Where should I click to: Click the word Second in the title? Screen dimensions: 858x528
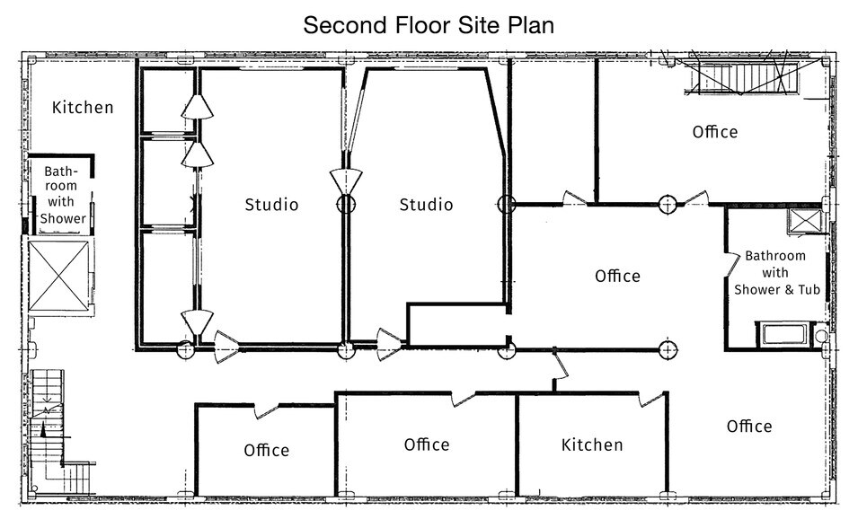click(x=338, y=25)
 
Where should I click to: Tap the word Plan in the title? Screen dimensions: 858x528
click(x=531, y=25)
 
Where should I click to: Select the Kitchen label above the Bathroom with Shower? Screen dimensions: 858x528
click(x=83, y=107)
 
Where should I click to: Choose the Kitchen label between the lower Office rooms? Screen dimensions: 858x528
click(x=592, y=444)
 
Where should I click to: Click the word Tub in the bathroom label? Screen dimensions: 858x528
click(x=809, y=289)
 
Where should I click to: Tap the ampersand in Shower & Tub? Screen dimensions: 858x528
click(x=789, y=290)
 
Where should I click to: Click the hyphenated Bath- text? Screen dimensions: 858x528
click(x=61, y=172)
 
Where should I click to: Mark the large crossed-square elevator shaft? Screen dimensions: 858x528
click(x=58, y=277)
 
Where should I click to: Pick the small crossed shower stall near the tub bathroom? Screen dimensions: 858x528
click(x=806, y=221)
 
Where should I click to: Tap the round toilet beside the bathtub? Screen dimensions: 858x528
click(x=821, y=335)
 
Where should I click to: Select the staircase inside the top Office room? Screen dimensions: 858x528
click(x=743, y=78)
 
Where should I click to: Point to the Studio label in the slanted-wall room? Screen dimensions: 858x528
click(x=426, y=205)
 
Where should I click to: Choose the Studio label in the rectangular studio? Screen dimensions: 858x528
click(x=271, y=205)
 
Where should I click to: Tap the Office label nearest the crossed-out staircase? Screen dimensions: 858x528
click(x=714, y=132)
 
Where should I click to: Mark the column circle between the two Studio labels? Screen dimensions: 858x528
click(x=346, y=205)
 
